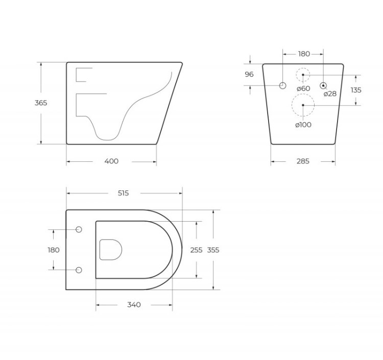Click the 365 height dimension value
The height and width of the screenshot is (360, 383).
tap(41, 103)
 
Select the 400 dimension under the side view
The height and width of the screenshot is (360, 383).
tap(111, 161)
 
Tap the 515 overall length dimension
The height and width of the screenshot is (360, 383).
tap(123, 193)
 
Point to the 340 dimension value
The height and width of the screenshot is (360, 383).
tap(133, 305)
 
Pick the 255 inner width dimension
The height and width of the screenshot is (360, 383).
tap(196, 250)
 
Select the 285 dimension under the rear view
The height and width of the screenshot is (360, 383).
tap(303, 161)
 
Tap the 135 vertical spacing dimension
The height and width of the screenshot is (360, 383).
tap(356, 90)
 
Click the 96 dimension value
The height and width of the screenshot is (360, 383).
tap(249, 75)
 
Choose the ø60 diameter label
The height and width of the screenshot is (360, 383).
tap(303, 88)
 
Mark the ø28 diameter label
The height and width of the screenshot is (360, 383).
tap(330, 93)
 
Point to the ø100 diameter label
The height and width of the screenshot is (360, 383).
tap(302, 125)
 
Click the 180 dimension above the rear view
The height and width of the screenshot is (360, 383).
tap(303, 54)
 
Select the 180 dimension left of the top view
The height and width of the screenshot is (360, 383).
tap(54, 250)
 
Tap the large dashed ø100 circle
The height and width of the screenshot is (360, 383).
tap(303, 105)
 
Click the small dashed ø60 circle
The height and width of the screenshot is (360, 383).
tap(303, 75)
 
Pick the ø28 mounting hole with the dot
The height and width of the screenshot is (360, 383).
tap(323, 85)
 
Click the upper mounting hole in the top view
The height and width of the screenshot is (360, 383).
tap(78, 229)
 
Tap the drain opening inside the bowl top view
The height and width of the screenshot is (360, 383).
tap(111, 250)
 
